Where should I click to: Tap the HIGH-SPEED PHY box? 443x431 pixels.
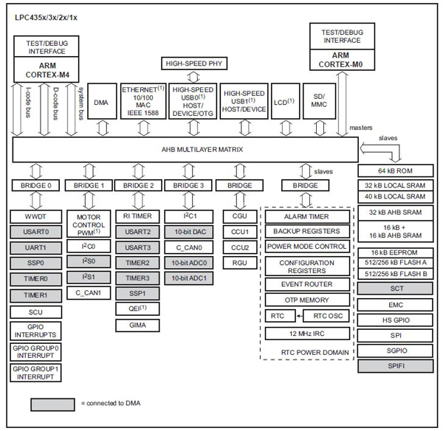pos(193,63)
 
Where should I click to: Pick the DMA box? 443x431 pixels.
pos(102,104)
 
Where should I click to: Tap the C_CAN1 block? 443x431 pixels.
pos(88,293)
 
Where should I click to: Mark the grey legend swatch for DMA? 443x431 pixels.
pos(52,404)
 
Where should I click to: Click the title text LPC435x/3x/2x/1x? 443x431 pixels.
pos(49,16)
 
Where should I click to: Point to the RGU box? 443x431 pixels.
pos(240,262)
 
